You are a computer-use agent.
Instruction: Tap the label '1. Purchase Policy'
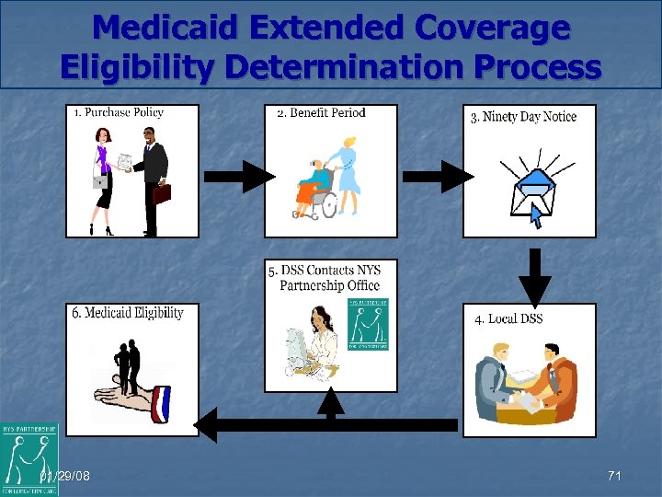pyautogui.click(x=119, y=112)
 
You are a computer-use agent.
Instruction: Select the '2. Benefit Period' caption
pyautogui.click(x=321, y=113)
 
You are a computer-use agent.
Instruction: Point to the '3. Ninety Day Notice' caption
pyautogui.click(x=523, y=117)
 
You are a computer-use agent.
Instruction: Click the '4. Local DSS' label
pyautogui.click(x=508, y=318)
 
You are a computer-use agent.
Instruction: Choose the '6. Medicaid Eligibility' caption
pyautogui.click(x=128, y=313)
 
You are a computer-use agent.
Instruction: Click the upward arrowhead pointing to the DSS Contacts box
pyautogui.click(x=330, y=401)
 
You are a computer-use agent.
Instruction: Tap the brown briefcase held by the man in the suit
pyautogui.click(x=162, y=193)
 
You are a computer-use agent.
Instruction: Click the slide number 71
pyautogui.click(x=614, y=476)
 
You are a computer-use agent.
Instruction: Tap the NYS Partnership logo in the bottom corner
pyautogui.click(x=29, y=458)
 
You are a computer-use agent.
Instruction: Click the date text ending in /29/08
pyautogui.click(x=66, y=476)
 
